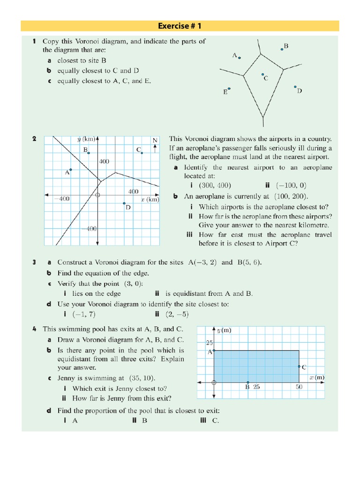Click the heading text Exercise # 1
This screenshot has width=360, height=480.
click(180, 26)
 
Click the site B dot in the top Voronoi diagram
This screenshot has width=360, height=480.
click(282, 49)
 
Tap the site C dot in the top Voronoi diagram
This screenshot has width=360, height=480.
click(262, 75)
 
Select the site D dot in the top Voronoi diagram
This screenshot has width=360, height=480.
click(295, 87)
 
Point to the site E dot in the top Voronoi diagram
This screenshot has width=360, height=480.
click(229, 89)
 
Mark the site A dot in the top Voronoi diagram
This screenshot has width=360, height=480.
click(240, 58)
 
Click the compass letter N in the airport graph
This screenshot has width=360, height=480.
click(155, 141)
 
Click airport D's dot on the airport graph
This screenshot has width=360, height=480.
click(124, 203)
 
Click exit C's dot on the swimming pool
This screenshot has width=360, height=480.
click(299, 367)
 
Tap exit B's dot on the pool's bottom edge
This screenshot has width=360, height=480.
click(248, 382)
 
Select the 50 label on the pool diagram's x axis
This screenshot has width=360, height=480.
click(299, 387)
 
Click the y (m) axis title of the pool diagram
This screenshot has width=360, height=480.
click(224, 330)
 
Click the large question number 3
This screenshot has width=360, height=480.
click(34, 262)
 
